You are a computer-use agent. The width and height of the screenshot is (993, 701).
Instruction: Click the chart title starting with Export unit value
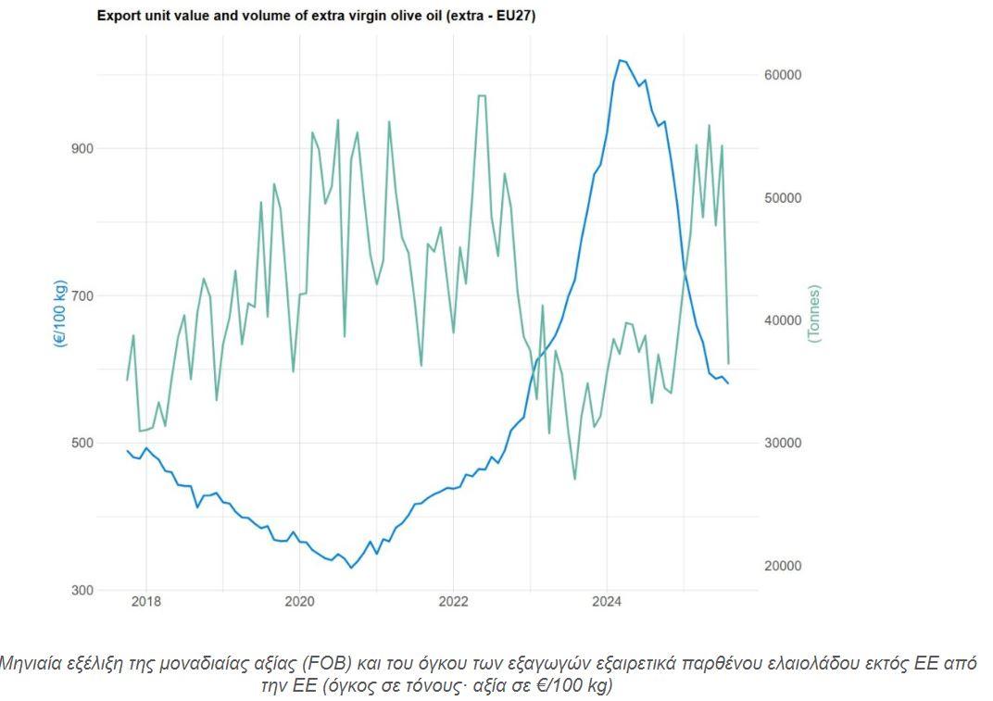316,17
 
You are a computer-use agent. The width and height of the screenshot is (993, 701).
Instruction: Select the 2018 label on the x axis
145,601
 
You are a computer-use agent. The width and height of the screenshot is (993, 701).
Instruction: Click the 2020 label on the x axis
299,601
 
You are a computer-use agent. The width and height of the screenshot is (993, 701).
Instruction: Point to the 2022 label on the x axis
453,601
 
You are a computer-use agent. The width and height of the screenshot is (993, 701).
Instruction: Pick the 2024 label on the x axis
607,601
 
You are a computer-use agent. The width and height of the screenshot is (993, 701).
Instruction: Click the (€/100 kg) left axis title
60,312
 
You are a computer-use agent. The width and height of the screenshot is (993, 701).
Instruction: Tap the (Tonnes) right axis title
814,314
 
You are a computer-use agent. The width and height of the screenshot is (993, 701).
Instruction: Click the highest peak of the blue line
620,60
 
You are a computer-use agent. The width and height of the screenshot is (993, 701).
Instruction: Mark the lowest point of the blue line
350,568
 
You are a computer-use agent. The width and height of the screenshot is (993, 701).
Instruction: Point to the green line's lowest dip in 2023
574,479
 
